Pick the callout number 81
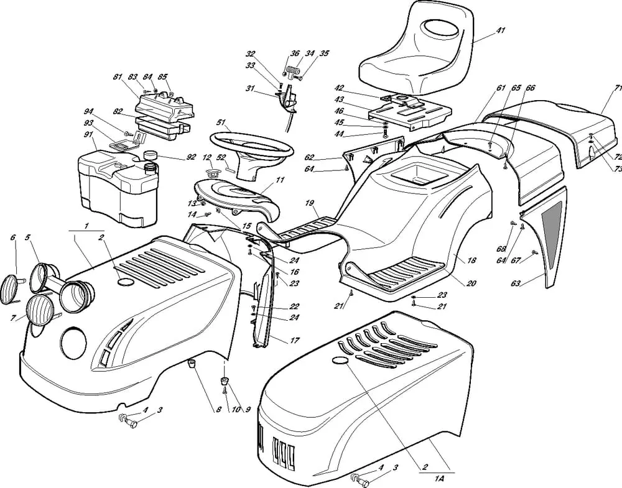[x=118, y=76]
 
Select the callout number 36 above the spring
[x=295, y=53]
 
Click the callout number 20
[x=471, y=283]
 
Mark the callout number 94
[x=88, y=111]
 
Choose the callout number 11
[x=281, y=180]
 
